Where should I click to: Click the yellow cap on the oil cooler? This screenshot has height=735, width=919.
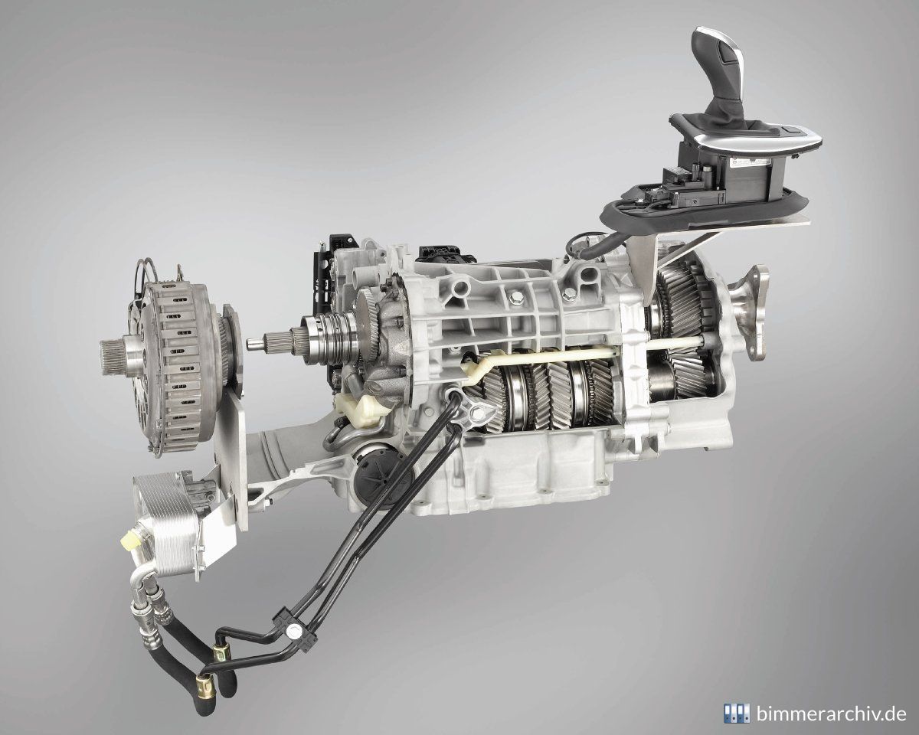coord(130,541)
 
